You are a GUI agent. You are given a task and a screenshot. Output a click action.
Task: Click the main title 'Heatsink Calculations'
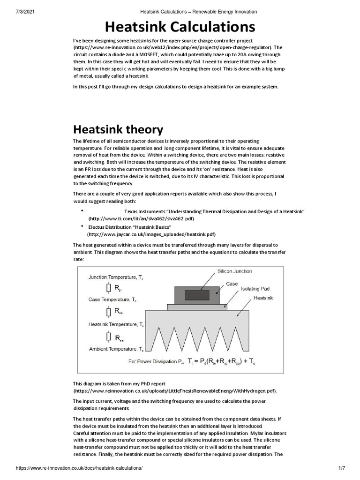coord(180,26)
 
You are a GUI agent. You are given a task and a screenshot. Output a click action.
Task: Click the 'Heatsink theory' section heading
coord(118,129)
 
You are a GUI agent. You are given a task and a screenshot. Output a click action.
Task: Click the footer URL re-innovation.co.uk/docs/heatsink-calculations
coord(79,468)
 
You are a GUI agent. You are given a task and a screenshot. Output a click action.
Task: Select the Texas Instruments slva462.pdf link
coord(141,219)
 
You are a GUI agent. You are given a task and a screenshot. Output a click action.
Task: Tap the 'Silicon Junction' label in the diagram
coord(234,271)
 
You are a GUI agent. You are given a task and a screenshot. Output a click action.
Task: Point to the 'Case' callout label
coord(232,284)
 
